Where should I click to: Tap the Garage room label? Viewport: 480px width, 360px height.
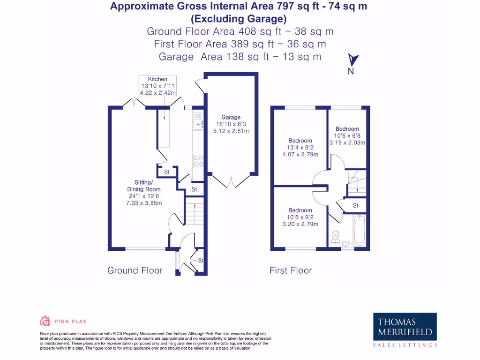coord(231,117)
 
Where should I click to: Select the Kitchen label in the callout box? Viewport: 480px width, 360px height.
coord(157,79)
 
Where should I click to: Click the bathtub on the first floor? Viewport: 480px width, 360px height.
coord(359,230)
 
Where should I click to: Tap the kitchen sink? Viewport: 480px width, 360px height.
coord(198,123)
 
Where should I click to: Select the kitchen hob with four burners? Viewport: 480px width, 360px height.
coord(198,161)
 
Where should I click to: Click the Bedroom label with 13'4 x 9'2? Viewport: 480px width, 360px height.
coord(300,141)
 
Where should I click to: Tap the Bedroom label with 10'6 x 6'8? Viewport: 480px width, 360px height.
coord(347,129)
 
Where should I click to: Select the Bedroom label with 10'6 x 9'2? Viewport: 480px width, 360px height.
coord(300,210)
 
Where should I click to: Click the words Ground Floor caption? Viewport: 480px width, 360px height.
coord(135,270)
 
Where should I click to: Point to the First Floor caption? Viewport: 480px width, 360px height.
coord(291,270)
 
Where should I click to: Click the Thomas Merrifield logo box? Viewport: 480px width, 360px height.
coord(405,327)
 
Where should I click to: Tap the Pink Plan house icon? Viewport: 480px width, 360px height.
coord(45,321)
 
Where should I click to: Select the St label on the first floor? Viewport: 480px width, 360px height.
coord(356,205)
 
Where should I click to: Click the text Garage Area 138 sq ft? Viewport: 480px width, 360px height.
coord(240,57)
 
